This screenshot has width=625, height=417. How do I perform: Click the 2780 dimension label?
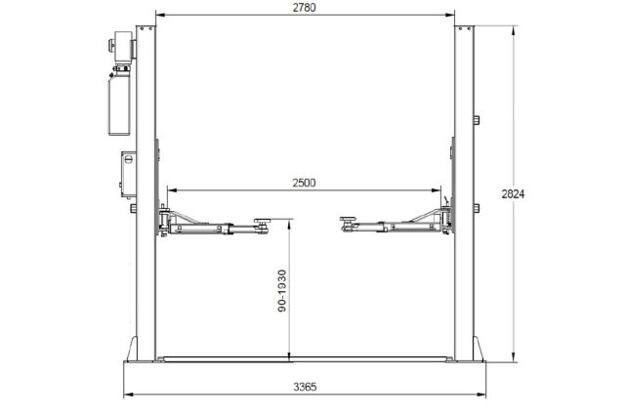[x=304, y=8]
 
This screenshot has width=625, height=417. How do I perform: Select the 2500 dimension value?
[x=304, y=183]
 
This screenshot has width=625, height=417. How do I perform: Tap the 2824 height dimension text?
[x=513, y=194]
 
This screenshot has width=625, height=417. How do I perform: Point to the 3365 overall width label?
[x=306, y=387]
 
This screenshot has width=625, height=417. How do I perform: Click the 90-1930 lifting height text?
[x=282, y=291]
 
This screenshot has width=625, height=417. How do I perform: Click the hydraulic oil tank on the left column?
[x=119, y=105]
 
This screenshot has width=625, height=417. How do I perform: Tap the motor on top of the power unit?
[x=121, y=46]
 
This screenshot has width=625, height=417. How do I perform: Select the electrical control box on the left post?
[x=128, y=174]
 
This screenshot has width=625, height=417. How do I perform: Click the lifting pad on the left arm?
[x=263, y=221]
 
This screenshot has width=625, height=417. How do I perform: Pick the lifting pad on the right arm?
[x=348, y=219]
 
